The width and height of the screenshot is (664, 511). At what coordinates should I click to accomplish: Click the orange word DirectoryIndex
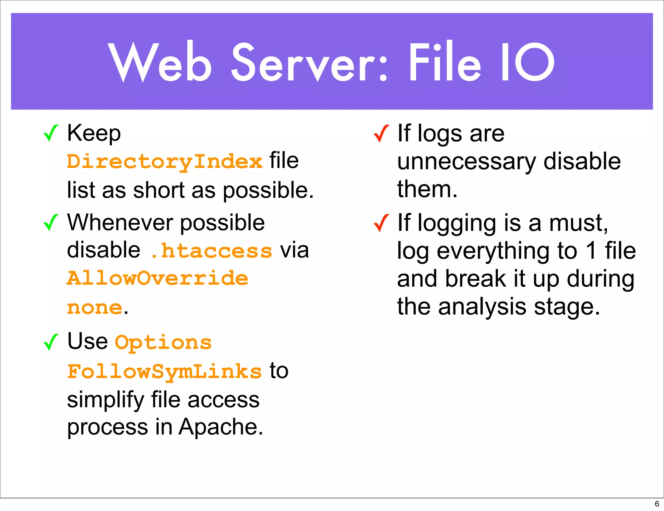pyautogui.click(x=164, y=161)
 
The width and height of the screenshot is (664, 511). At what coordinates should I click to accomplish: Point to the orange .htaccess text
pyautogui.click(x=212, y=251)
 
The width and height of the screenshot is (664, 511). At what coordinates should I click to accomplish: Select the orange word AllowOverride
pyautogui.click(x=158, y=279)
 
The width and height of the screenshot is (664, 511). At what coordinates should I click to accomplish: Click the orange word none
pyautogui.click(x=95, y=307)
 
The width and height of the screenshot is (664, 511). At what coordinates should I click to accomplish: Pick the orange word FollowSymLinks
pyautogui.click(x=164, y=372)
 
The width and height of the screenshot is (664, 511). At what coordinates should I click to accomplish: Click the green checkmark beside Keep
pyautogui.click(x=51, y=133)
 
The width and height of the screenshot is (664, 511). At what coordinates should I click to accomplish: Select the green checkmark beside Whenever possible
pyautogui.click(x=51, y=223)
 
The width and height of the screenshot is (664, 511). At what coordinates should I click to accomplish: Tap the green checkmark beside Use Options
pyautogui.click(x=51, y=342)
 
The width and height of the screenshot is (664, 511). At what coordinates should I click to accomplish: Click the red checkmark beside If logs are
pyautogui.click(x=381, y=134)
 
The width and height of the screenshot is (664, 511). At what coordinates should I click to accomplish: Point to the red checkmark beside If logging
pyautogui.click(x=381, y=223)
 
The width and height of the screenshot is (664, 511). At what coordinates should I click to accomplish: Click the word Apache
pyautogui.click(x=221, y=427)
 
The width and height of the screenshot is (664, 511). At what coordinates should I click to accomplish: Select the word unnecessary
pyautogui.click(x=467, y=162)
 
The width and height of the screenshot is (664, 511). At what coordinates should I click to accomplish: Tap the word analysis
pyautogui.click(x=482, y=307)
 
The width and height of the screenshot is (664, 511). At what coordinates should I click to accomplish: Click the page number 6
pyautogui.click(x=657, y=504)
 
